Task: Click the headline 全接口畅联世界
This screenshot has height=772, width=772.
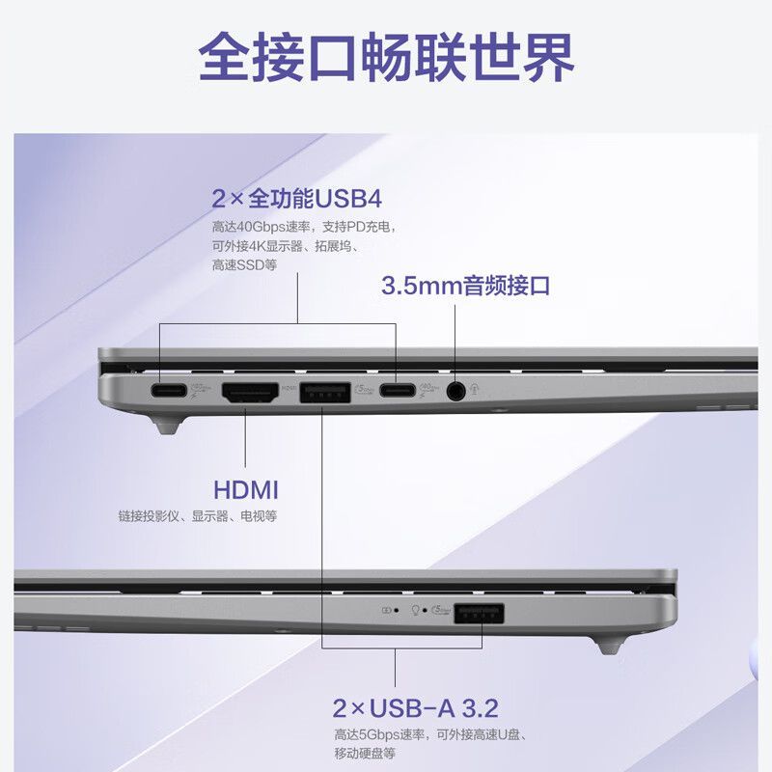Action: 386,58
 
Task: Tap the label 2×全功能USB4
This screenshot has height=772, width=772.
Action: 297,200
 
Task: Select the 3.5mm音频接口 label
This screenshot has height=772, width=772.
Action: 465,286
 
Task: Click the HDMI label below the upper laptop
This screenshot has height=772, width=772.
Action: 246,488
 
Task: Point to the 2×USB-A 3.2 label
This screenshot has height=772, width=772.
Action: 415,709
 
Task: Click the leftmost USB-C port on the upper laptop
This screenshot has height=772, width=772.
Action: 169,391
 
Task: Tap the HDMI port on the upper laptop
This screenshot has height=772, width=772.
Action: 249,392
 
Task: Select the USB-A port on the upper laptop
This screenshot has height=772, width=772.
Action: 324,392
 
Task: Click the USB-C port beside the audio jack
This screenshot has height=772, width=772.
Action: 397,391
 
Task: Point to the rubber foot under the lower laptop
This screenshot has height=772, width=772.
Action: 608,643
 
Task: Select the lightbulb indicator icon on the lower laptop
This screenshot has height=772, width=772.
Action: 416,610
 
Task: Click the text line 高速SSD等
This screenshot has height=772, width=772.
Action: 244,264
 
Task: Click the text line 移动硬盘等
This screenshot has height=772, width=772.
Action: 364,753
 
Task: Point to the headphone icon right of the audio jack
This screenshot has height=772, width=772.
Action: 474,389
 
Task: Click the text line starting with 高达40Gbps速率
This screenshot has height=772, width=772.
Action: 303,228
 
